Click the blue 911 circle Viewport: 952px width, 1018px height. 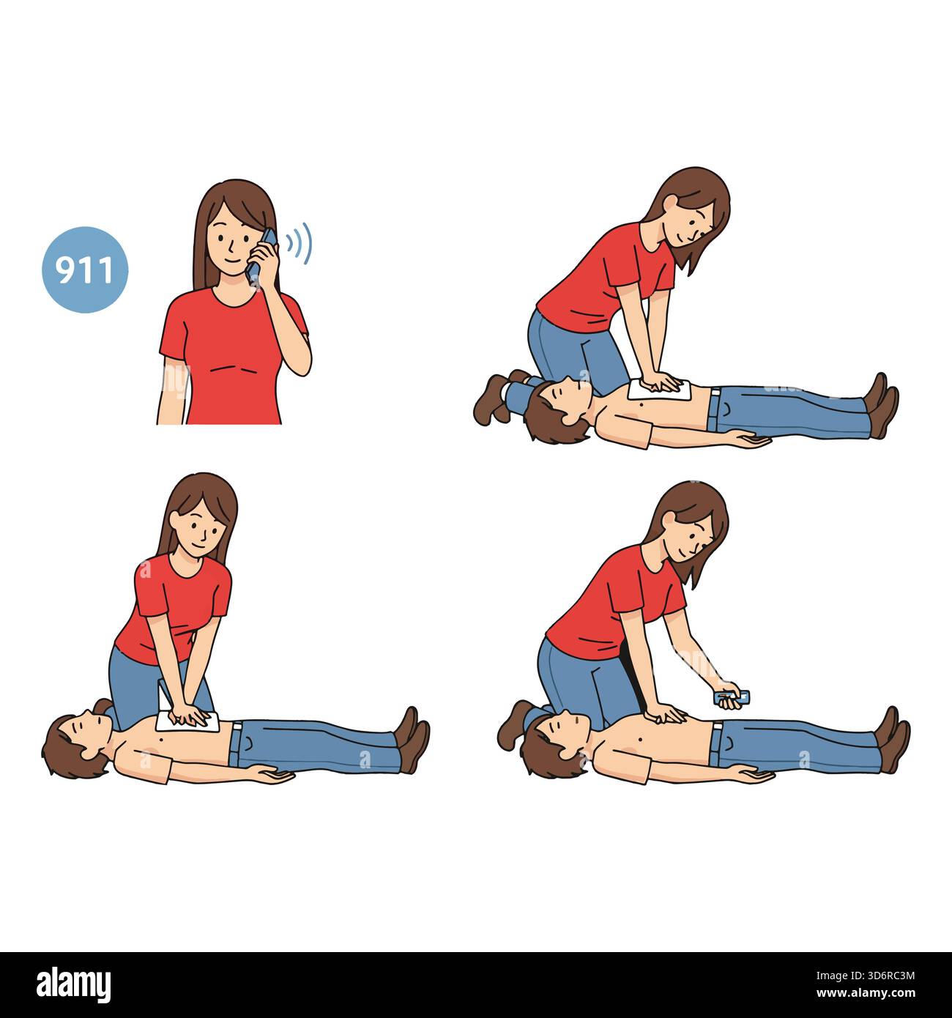click(x=84, y=270)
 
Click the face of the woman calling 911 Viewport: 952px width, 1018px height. click(x=231, y=241)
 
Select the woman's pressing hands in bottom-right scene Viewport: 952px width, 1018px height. click(x=664, y=711)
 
